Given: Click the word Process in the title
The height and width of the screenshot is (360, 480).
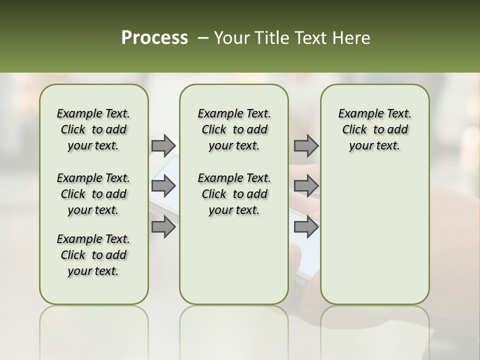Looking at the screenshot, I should (154, 38).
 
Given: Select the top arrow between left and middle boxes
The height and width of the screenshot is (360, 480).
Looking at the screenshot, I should (163, 145).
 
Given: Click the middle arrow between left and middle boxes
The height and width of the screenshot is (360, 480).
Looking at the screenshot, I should (163, 186).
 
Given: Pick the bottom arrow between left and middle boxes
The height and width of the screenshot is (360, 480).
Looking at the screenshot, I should (163, 226).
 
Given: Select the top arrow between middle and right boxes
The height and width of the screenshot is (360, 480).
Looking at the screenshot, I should (306, 145).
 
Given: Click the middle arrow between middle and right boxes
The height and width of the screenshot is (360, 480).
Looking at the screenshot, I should (306, 186).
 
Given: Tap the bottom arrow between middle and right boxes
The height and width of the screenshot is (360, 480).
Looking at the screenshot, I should (306, 226).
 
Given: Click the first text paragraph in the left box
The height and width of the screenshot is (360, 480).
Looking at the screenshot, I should (93, 129).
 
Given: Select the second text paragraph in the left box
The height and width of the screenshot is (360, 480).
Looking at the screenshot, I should (93, 194).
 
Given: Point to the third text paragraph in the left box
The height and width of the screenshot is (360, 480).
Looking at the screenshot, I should (93, 255).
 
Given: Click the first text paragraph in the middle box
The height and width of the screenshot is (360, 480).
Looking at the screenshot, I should (234, 129).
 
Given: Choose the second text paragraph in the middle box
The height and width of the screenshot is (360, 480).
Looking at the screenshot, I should (234, 194).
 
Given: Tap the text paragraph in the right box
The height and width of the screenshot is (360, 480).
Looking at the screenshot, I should (374, 129).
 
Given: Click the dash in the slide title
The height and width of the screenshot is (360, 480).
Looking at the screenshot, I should (203, 38).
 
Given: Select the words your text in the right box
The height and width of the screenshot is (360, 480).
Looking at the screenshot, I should (374, 146).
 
